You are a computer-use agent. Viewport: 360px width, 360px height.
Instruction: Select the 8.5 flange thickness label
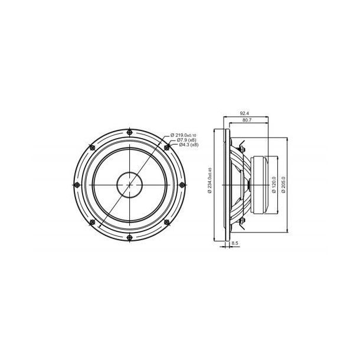[x=234, y=243]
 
